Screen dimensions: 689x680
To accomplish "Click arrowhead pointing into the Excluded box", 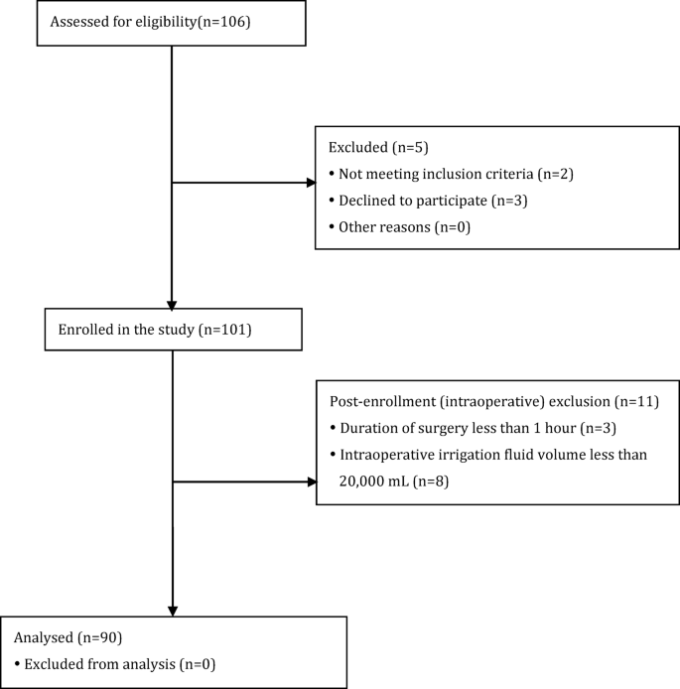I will point(309,183).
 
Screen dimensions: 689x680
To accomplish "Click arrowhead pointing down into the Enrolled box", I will point(173,305).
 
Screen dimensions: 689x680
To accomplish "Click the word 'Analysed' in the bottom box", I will point(45,635).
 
